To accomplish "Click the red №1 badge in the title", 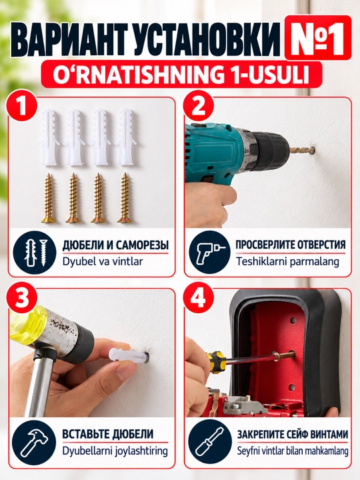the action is click(x=317, y=37).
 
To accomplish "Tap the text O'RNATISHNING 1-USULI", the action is click(x=181, y=75).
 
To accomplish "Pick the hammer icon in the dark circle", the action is click(x=34, y=443).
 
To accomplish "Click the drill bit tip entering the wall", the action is click(x=311, y=150).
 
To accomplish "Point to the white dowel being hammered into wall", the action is click(x=128, y=356).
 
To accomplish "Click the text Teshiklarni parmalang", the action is click(x=287, y=262).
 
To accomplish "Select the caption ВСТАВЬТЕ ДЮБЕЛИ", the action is click(x=108, y=434).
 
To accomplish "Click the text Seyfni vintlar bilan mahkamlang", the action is click(x=293, y=451).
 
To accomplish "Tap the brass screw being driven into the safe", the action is click(x=285, y=355).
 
